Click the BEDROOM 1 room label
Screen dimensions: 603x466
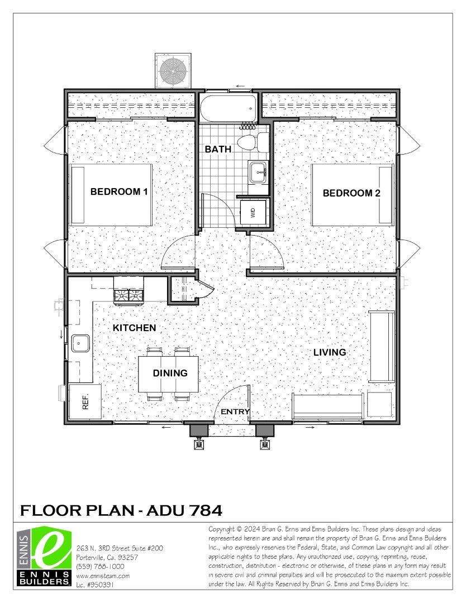point(118,192)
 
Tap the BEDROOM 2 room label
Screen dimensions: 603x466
point(351,193)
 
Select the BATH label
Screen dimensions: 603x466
point(216,149)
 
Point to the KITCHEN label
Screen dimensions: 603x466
point(134,328)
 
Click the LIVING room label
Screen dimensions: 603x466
point(329,352)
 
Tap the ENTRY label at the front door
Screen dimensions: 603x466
point(235,412)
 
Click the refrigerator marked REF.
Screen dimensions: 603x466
point(85,401)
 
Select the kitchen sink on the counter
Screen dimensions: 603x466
point(80,342)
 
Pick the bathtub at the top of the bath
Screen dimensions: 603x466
point(229,107)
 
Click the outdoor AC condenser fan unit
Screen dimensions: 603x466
point(173,70)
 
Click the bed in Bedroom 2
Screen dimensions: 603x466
point(352,194)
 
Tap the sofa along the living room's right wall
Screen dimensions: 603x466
point(382,346)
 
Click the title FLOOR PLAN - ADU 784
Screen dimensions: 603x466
point(121,510)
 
